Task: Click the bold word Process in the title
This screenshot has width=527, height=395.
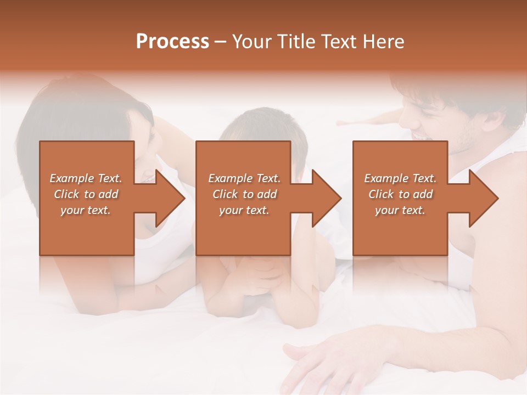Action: tap(172, 42)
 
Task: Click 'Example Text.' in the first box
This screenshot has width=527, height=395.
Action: tap(86, 178)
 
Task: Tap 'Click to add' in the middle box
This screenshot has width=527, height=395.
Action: tap(244, 194)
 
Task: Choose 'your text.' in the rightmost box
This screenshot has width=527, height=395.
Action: tap(400, 210)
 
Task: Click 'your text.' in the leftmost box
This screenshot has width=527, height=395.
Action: tap(86, 210)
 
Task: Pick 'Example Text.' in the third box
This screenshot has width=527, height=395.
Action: tap(400, 178)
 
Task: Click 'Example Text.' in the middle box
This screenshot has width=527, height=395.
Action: tap(244, 178)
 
